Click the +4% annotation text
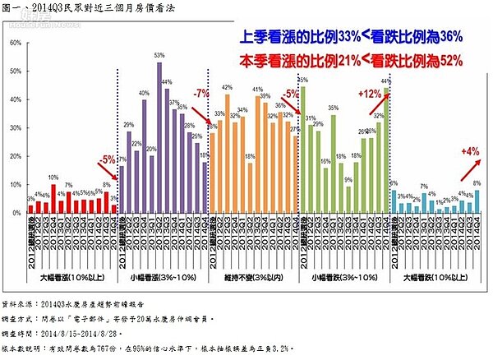click(x=470, y=150)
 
